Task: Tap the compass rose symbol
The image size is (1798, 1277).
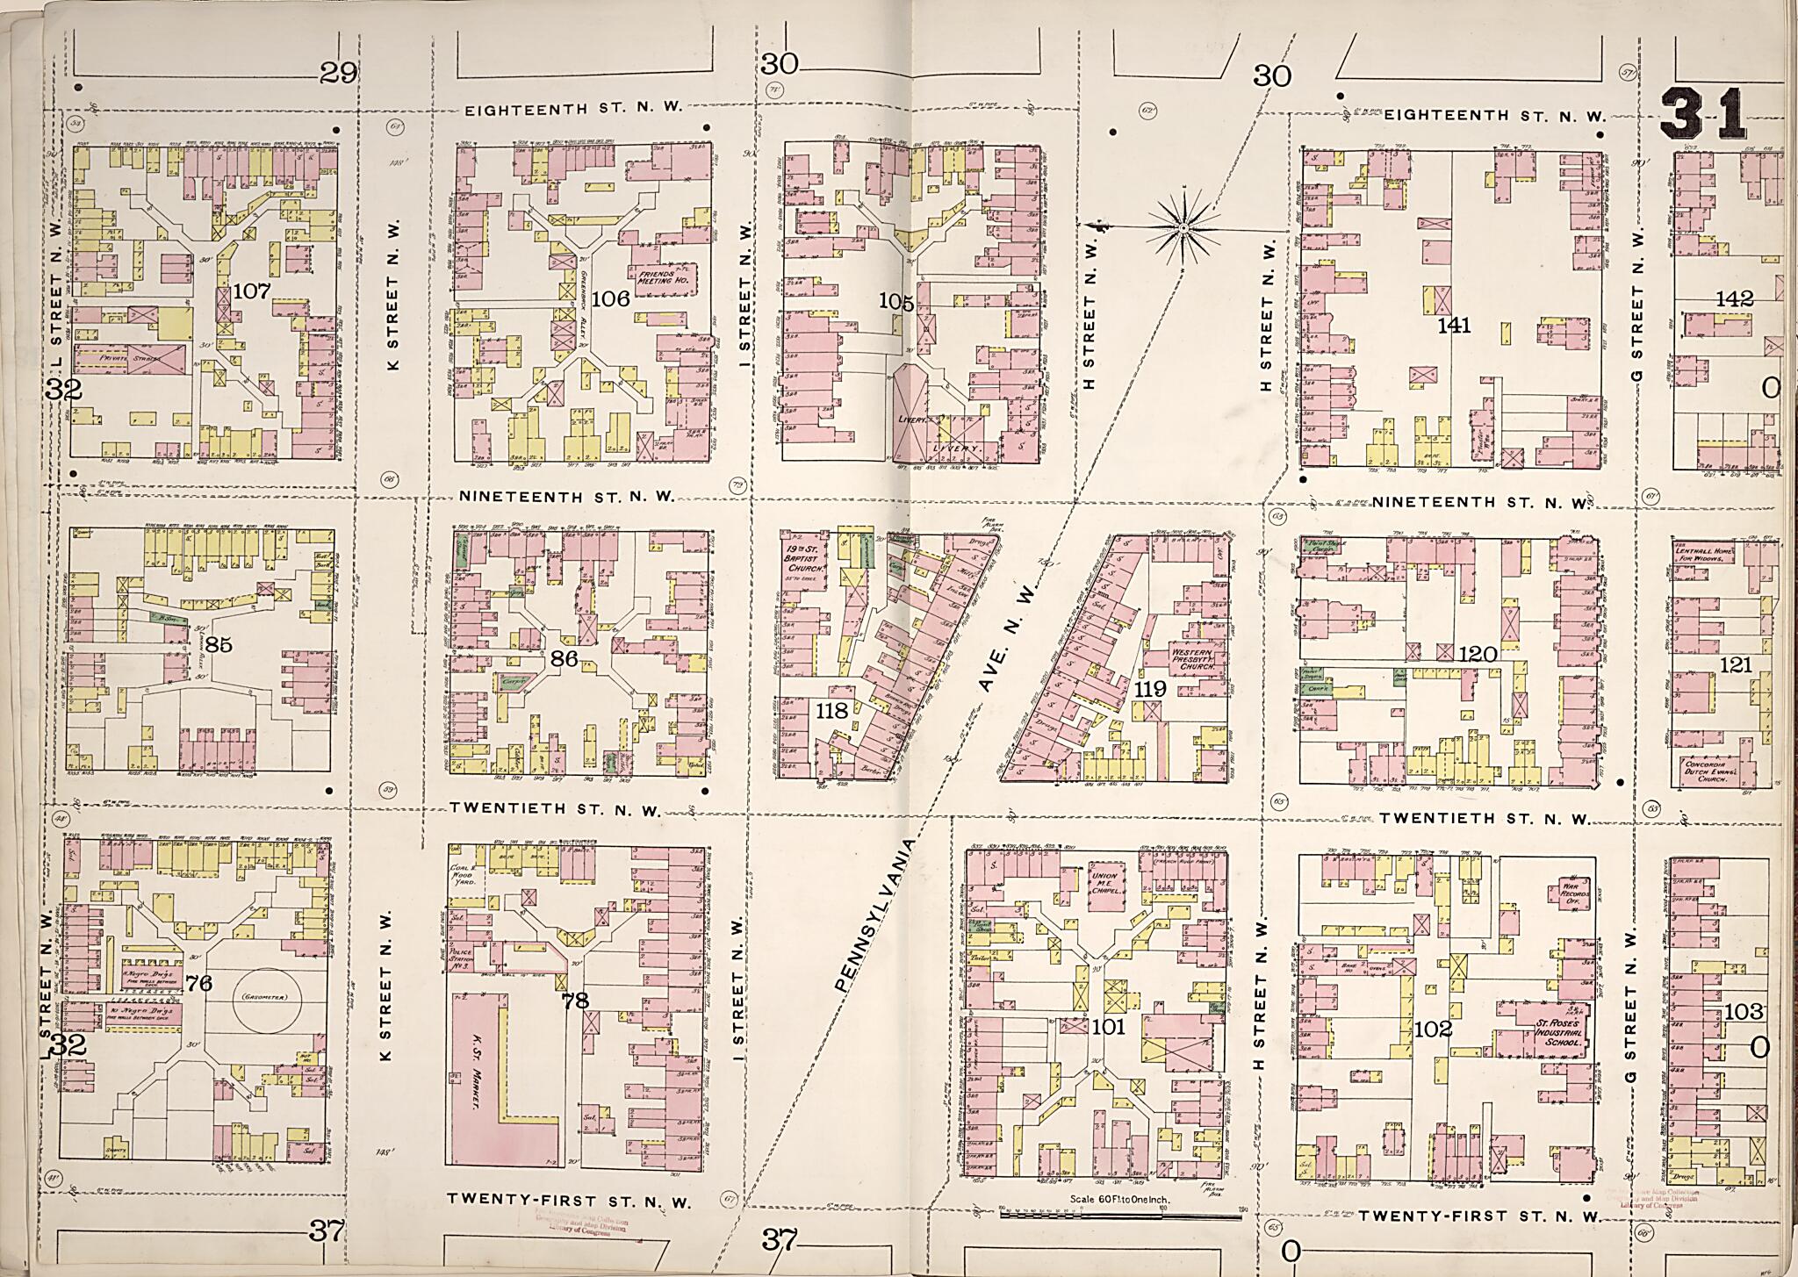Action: click(x=1183, y=228)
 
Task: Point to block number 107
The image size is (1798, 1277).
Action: click(x=252, y=290)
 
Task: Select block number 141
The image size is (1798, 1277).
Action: click(x=1454, y=326)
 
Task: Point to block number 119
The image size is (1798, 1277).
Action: click(x=1149, y=690)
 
